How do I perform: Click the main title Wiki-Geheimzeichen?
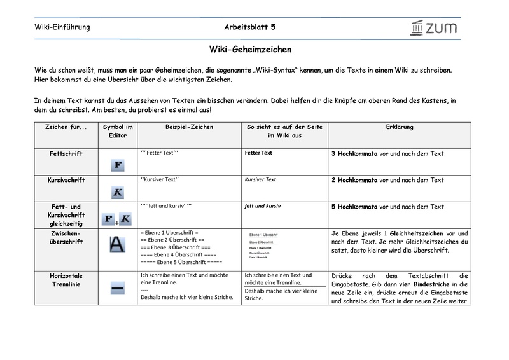pyautogui.click(x=251, y=48)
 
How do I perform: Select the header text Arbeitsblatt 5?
pyautogui.click(x=250, y=27)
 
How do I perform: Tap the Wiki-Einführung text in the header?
pyautogui.click(x=62, y=27)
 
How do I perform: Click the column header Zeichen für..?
pyautogui.click(x=66, y=127)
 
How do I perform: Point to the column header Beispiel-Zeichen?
pyautogui.click(x=189, y=127)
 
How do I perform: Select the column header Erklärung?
pyautogui.click(x=400, y=127)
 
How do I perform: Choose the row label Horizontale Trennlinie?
pyautogui.click(x=66, y=280)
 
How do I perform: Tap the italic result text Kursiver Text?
pyautogui.click(x=260, y=180)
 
